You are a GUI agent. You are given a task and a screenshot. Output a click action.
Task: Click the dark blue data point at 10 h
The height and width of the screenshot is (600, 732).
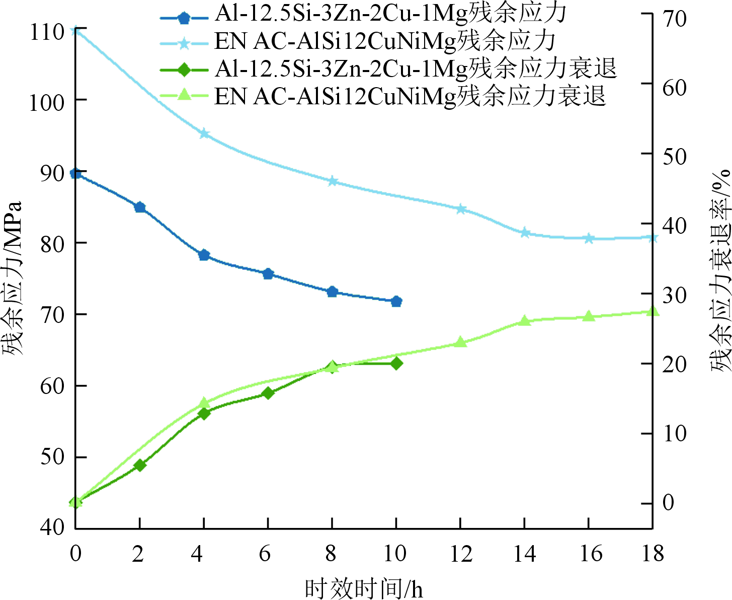pos(396,301)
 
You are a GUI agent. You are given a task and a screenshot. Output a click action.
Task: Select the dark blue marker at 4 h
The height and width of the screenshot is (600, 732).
pos(204,255)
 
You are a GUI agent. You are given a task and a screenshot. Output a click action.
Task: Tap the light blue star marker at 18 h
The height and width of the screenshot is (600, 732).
pos(652,237)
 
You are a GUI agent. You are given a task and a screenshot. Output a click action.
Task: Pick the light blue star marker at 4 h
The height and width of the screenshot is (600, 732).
pos(204,134)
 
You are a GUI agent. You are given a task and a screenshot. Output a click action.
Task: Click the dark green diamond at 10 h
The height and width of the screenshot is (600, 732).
pos(396,363)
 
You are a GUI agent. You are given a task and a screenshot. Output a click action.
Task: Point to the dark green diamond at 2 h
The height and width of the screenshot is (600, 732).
pos(140,465)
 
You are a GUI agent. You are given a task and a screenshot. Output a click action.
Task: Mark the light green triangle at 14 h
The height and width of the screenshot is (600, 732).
pos(524,321)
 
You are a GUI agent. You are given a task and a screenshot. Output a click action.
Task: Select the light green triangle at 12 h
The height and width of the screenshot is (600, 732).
pos(460,343)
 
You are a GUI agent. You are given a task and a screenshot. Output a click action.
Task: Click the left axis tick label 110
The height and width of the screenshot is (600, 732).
pos(47,32)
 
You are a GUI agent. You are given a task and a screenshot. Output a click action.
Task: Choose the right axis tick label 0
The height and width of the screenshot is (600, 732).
pos(668,502)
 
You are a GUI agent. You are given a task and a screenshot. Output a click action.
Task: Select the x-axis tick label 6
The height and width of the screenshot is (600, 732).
pos(265,554)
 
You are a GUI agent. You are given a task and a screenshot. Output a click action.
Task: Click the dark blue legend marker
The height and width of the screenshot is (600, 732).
pos(184,18)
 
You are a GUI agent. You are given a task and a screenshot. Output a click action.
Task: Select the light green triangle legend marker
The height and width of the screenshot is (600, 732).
pos(184,94)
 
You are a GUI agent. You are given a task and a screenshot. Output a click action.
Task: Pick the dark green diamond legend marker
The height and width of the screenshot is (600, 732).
pos(184,69)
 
